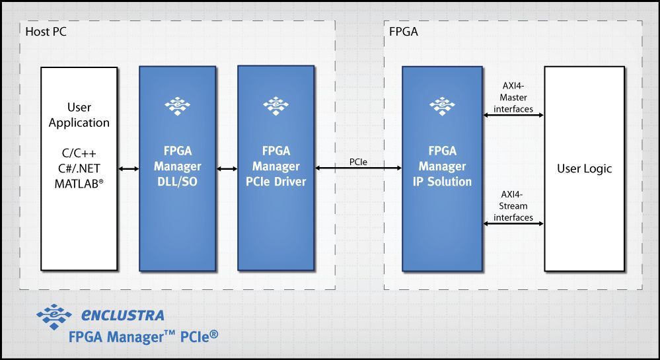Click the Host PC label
46,31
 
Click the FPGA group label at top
404,31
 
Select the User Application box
79,168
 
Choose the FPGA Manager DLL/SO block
177,198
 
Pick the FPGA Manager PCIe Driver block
275,198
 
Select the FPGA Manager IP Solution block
441,198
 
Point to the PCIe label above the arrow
359,161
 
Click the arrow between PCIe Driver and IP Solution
359,169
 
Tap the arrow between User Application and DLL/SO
128,169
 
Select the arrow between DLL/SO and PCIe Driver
227,169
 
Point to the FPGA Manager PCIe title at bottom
143,337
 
